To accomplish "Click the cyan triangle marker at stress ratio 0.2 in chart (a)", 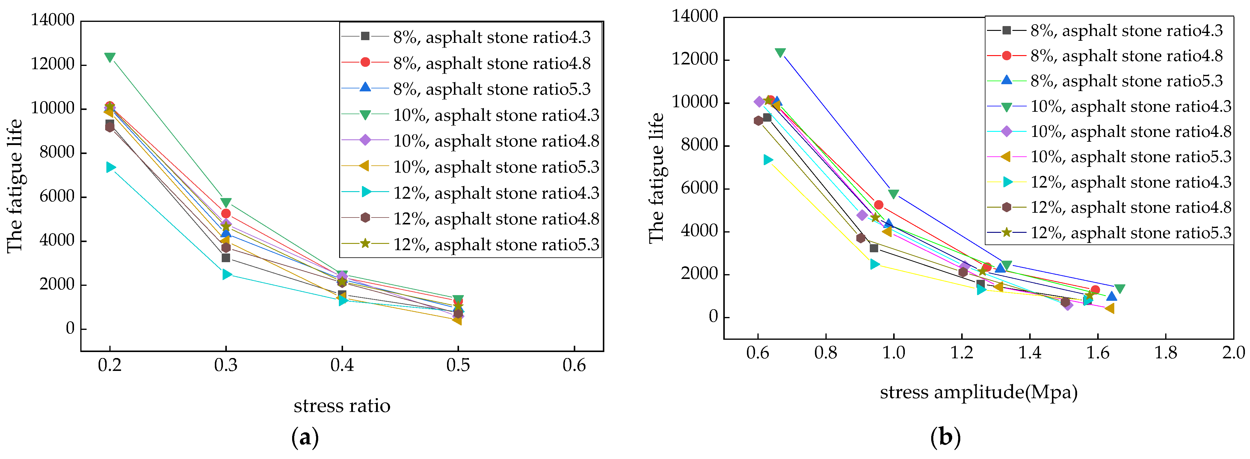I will point(111,167).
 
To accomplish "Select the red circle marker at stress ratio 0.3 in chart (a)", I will point(226,214).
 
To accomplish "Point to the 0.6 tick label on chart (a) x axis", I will point(574,365).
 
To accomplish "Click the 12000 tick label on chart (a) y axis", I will point(52,64).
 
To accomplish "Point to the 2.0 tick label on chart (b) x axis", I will point(1233,353).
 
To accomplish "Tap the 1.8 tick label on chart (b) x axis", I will point(1165,353).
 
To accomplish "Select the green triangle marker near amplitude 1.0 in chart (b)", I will point(893,194).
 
